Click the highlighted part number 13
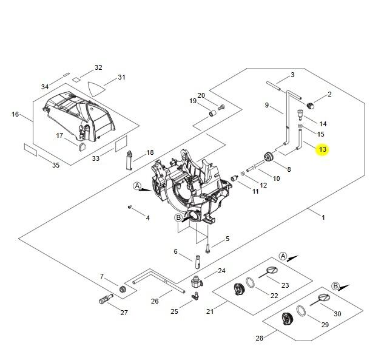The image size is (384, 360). [x=322, y=149]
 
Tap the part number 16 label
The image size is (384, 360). [x=15, y=114]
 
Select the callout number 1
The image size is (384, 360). [x=323, y=217]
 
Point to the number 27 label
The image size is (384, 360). [x=124, y=313]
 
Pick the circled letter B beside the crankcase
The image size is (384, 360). [x=178, y=217]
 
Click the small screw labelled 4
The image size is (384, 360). [x=130, y=208]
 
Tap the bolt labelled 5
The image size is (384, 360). [x=208, y=246]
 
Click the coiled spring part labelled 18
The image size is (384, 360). [x=129, y=161]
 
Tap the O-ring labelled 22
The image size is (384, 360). [x=250, y=284]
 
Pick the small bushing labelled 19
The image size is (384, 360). [x=214, y=114]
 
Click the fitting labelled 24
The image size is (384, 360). [x=195, y=282]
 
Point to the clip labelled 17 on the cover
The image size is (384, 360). [x=82, y=144]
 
